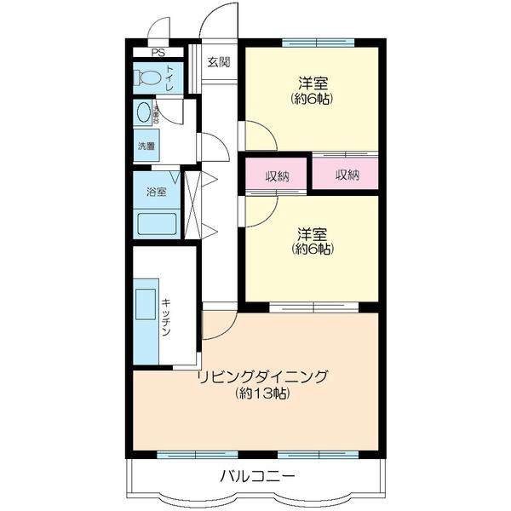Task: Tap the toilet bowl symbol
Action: coord(150,78)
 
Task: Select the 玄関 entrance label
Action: coord(219,61)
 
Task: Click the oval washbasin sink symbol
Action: coord(143,113)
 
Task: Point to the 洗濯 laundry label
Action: coord(146,146)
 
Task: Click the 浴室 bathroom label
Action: coord(156,191)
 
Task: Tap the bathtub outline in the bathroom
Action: coord(157,225)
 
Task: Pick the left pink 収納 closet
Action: coord(277,175)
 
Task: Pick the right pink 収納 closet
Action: coord(345,175)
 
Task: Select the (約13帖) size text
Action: coord(262,393)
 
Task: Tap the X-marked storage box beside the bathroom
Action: coord(192,205)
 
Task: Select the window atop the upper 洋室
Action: coord(318,41)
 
